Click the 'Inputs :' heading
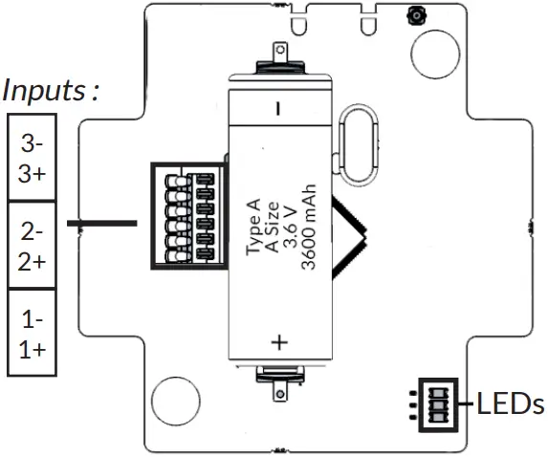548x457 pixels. click(52, 92)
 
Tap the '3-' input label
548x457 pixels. click(32, 144)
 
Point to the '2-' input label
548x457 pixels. click(32, 232)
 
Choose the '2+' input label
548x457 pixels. click(32, 260)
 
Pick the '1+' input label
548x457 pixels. click(32, 348)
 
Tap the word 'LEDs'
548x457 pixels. click(511, 403)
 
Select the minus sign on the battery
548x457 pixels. click(278, 108)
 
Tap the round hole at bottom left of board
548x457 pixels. click(173, 399)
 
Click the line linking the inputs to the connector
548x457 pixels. click(101, 223)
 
